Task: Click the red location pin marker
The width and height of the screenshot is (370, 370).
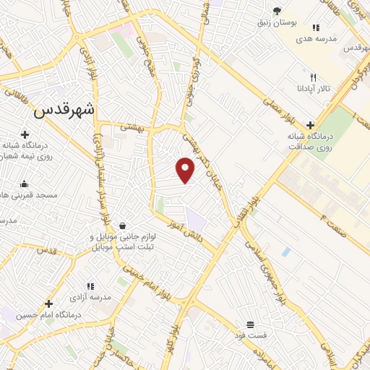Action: (x=186, y=170)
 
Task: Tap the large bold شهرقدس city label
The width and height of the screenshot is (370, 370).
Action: (x=65, y=111)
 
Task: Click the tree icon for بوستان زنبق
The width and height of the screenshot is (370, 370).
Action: (x=277, y=10)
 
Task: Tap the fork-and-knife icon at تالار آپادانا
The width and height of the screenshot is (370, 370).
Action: (x=313, y=77)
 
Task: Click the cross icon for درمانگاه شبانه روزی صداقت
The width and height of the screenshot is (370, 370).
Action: (x=310, y=126)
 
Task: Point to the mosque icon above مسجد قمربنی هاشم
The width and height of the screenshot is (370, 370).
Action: (x=25, y=184)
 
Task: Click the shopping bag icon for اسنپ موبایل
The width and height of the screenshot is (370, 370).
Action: (x=122, y=225)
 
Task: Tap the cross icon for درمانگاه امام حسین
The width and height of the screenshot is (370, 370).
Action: (x=49, y=304)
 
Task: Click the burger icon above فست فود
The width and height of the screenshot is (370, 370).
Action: (x=250, y=324)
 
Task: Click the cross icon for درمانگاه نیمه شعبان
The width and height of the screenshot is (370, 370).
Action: (x=25, y=134)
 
